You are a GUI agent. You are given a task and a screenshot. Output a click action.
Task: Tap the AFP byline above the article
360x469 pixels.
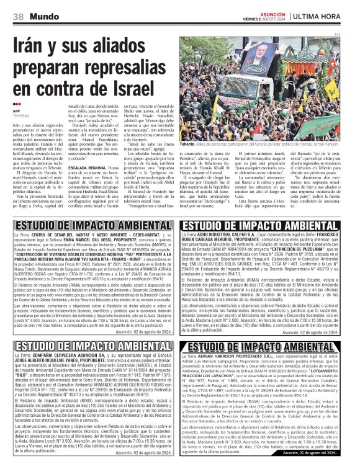pos(17,111)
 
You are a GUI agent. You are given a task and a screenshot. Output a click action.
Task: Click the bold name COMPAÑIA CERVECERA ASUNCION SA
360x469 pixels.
pos(73,355)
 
